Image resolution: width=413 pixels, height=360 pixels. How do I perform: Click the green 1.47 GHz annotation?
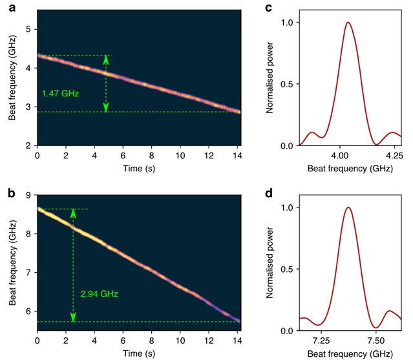pyautogui.click(x=60, y=94)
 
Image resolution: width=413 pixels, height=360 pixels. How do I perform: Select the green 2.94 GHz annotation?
pyautogui.click(x=99, y=293)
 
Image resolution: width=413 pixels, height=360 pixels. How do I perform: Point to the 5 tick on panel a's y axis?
pyautogui.click(x=29, y=29)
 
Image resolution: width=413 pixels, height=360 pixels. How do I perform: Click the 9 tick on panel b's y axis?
pyautogui.click(x=29, y=195)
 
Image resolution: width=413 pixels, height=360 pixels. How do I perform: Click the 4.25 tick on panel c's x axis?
pyautogui.click(x=392, y=156)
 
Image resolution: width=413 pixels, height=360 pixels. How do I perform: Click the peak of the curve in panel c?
pyautogui.click(x=348, y=23)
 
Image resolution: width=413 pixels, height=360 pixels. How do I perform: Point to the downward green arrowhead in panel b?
pyautogui.click(x=73, y=317)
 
